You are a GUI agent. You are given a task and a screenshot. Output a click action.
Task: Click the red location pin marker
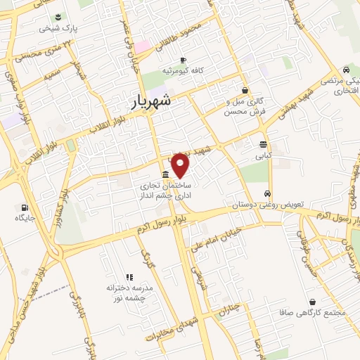click(181, 165)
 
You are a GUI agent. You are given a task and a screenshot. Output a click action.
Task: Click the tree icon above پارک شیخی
click(58, 17)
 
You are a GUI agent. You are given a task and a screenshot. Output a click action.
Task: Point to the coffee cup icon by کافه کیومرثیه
click(184, 60)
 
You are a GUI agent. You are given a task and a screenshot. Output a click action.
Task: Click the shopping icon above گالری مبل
click(245, 90)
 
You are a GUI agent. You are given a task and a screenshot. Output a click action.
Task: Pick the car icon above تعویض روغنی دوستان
click(267, 193)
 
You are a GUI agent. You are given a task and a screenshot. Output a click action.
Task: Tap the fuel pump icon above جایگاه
click(26, 207)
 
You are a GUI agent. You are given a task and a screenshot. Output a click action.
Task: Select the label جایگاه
click(25, 219)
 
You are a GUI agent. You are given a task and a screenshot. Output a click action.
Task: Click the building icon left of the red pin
click(165, 174)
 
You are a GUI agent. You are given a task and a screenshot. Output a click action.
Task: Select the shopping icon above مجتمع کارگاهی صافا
click(312, 302)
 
